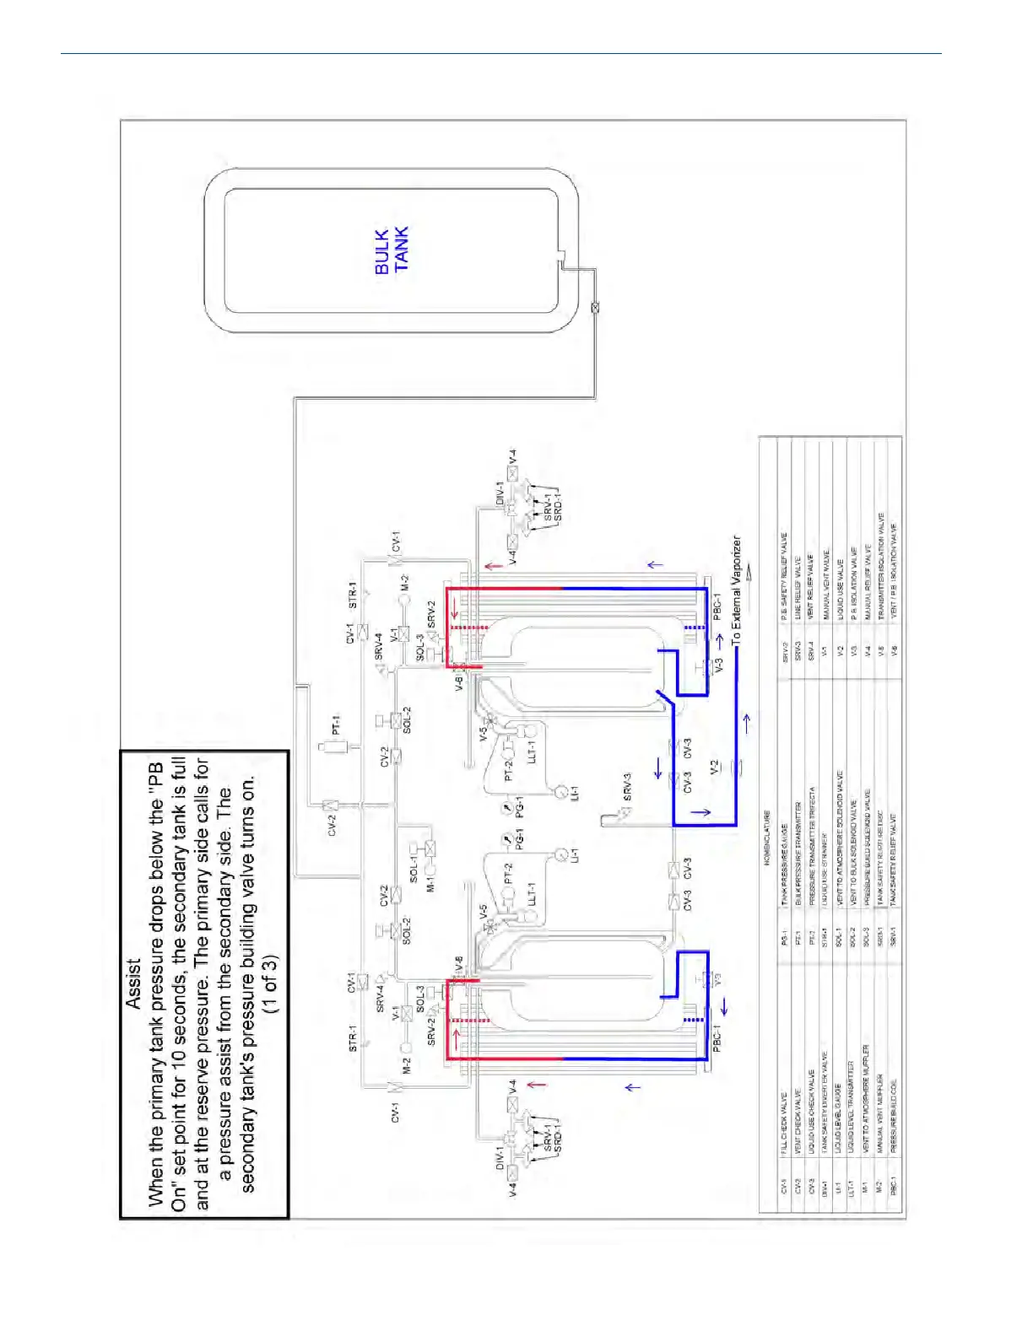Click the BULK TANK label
(x=391, y=250)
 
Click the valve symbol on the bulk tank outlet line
(x=596, y=309)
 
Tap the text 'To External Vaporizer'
(x=736, y=590)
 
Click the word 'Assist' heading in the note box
(x=133, y=983)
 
